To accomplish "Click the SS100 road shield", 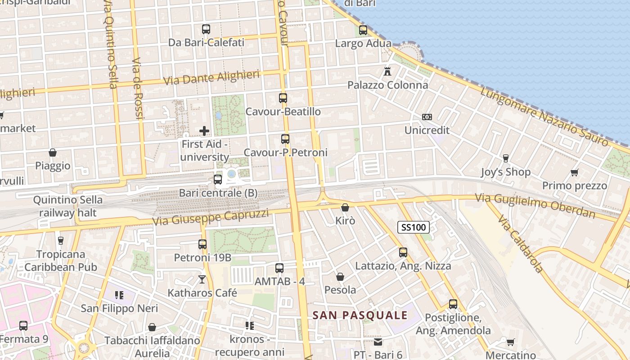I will [414, 227].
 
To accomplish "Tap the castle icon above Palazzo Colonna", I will [387, 71].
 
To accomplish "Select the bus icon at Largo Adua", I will [363, 30].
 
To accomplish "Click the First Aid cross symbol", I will [204, 131].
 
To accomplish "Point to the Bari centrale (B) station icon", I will [218, 180].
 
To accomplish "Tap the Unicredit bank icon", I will [427, 117].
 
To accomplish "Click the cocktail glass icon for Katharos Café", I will [202, 279].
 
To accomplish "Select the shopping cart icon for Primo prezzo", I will [574, 172].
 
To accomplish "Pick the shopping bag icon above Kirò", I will [345, 207].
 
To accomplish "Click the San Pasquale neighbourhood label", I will [360, 315].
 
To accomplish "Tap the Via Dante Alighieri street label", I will [211, 77].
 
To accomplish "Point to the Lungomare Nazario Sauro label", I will [544, 117].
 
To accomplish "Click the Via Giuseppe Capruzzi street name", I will [211, 218].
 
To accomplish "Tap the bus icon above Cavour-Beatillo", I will [283, 98].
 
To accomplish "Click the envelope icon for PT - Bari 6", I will [378, 342].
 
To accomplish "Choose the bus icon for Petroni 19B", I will [202, 244].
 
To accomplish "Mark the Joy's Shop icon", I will [505, 158].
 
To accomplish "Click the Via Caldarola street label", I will [521, 243].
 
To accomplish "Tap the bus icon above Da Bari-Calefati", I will [206, 29].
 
